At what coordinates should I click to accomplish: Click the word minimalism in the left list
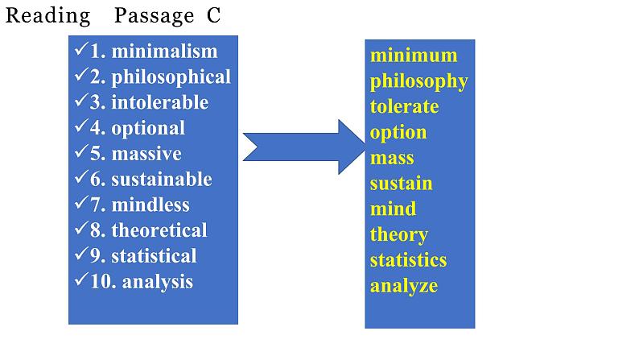click(164, 52)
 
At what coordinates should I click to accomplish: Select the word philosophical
click(171, 77)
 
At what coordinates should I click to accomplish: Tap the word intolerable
click(159, 103)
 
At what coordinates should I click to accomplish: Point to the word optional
click(148, 128)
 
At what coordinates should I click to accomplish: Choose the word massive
click(146, 154)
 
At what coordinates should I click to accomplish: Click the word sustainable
click(161, 180)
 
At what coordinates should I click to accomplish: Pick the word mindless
click(150, 205)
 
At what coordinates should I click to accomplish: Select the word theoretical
click(159, 230)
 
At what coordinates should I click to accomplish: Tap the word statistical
click(154, 256)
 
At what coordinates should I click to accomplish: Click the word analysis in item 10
click(158, 282)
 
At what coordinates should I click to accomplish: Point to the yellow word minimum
click(414, 56)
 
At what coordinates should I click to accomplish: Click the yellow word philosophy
click(418, 81)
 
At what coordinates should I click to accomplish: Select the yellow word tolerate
click(404, 107)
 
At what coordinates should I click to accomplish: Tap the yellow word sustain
click(401, 184)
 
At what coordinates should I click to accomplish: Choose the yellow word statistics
click(408, 260)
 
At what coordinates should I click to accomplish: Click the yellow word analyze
click(404, 286)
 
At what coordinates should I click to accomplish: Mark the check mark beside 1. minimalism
click(80, 50)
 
